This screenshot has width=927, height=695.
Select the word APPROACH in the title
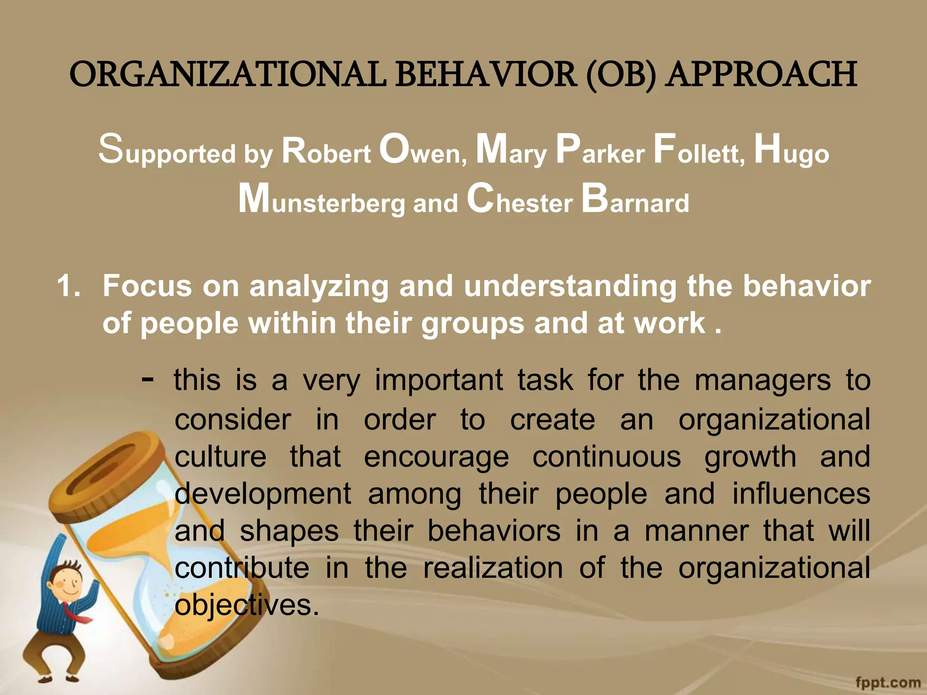(x=762, y=75)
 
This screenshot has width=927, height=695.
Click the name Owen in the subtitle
(x=423, y=150)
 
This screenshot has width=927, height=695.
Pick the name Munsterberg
(x=321, y=200)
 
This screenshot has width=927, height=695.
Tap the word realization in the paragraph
(x=493, y=568)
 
